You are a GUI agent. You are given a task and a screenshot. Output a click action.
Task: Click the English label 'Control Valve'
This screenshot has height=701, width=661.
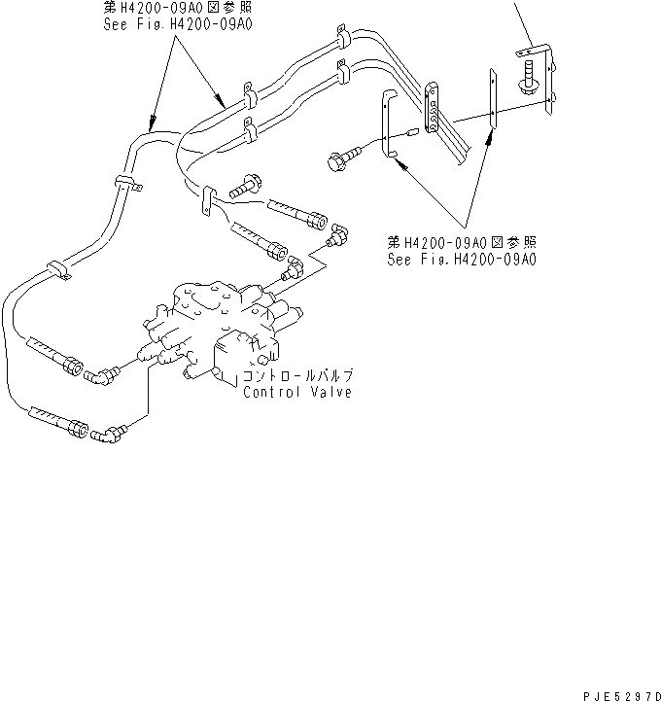[x=297, y=392]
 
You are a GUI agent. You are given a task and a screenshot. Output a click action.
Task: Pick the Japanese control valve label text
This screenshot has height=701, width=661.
[x=297, y=376]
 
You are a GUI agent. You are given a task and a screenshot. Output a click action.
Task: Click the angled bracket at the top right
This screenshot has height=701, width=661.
[x=540, y=58]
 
